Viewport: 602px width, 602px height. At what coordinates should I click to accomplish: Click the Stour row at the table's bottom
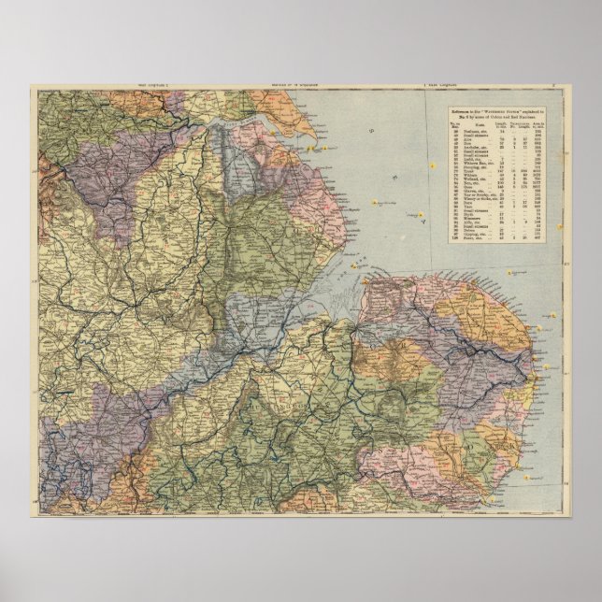click(468, 239)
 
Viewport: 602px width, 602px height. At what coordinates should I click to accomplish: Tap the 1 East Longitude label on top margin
click(446, 86)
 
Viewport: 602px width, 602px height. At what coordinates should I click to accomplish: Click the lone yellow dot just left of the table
click(433, 164)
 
